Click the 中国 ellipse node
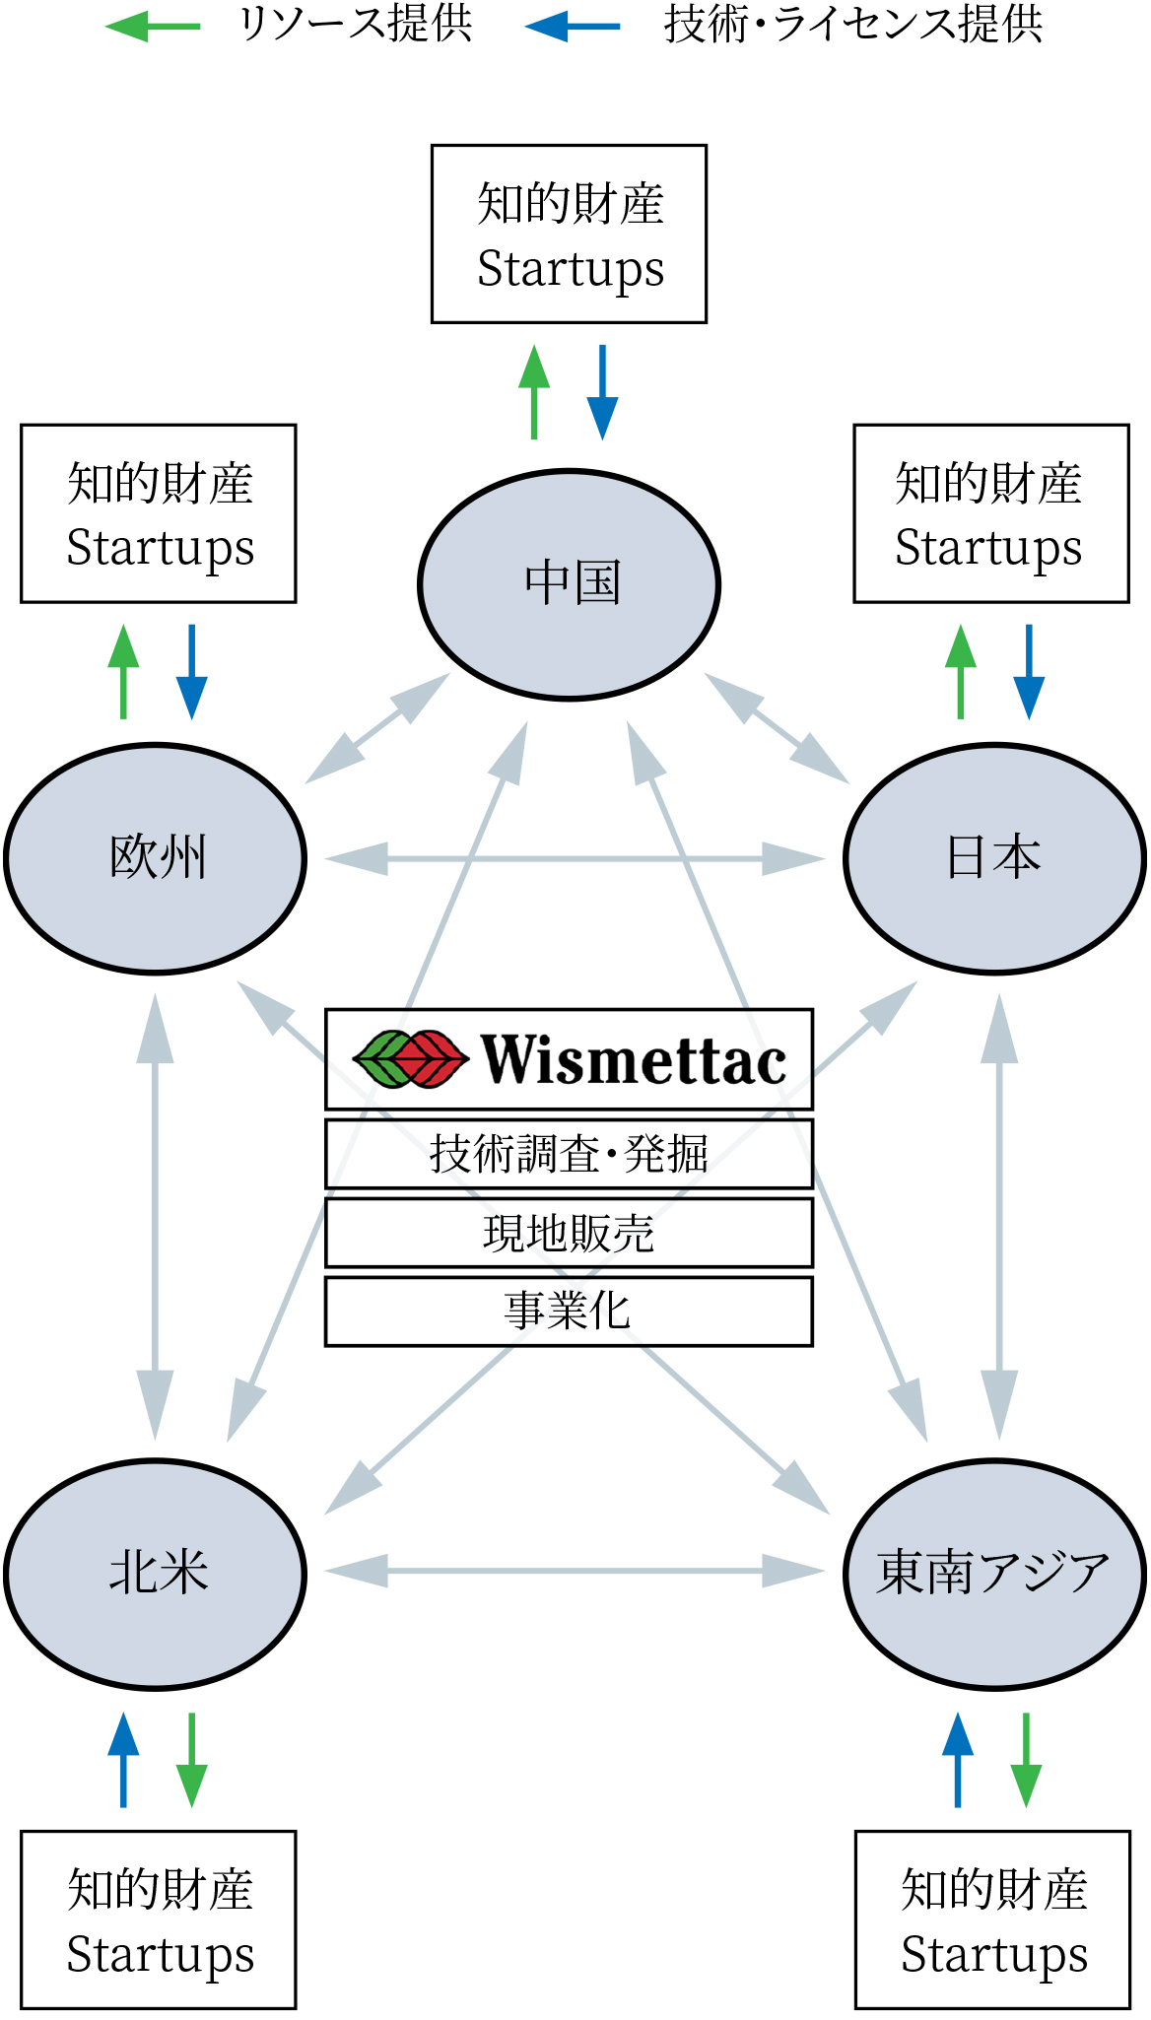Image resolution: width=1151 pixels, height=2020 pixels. tap(570, 584)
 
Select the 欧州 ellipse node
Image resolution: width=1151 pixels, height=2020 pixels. tap(156, 858)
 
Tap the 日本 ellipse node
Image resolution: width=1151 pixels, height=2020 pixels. tap(994, 858)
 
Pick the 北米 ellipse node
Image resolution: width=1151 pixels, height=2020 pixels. tap(156, 1574)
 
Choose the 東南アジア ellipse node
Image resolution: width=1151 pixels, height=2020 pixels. tap(994, 1574)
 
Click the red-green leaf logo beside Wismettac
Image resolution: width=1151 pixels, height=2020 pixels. tap(410, 1059)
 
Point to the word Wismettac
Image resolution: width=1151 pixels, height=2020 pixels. tap(634, 1060)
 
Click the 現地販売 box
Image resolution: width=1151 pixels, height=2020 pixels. tap(569, 1233)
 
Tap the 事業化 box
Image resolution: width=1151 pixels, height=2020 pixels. tap(569, 1312)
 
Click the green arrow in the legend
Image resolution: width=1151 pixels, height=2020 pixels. tap(152, 27)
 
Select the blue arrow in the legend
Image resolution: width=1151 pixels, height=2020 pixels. tap(573, 27)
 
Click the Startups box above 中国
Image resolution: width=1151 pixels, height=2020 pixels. tap(569, 235)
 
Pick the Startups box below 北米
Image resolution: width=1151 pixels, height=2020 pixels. tap(159, 1919)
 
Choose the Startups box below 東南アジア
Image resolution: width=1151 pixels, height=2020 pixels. tap(992, 1919)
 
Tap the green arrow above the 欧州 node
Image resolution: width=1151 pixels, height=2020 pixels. tap(123, 671)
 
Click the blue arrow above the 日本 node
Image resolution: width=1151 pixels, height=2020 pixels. tap(1029, 671)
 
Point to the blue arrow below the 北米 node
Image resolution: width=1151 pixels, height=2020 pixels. tap(123, 1760)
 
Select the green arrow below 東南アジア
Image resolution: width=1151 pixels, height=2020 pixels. tap(1026, 1760)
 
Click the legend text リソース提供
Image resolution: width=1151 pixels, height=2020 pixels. tap(356, 25)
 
